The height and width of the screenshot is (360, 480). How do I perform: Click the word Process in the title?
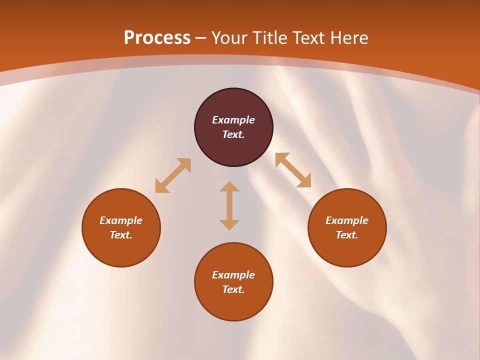coord(157,38)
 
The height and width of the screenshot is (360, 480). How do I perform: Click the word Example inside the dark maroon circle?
coord(233,120)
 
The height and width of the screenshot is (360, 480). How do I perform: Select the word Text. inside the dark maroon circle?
coord(233,134)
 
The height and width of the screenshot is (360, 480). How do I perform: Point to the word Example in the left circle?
coord(121,220)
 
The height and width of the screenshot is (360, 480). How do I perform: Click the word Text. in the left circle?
coord(121,235)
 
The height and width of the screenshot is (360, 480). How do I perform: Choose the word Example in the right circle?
coord(347,220)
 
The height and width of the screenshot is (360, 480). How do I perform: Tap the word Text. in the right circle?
coord(347,235)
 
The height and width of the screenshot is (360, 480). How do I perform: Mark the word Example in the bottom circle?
coord(233,275)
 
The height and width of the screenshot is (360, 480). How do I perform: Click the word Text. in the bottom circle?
coord(233,289)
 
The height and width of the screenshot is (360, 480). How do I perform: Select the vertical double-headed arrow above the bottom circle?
coord(229,205)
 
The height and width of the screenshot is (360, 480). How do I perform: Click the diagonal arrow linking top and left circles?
coord(173,175)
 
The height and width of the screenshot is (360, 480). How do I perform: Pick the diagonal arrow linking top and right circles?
coord(293,170)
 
